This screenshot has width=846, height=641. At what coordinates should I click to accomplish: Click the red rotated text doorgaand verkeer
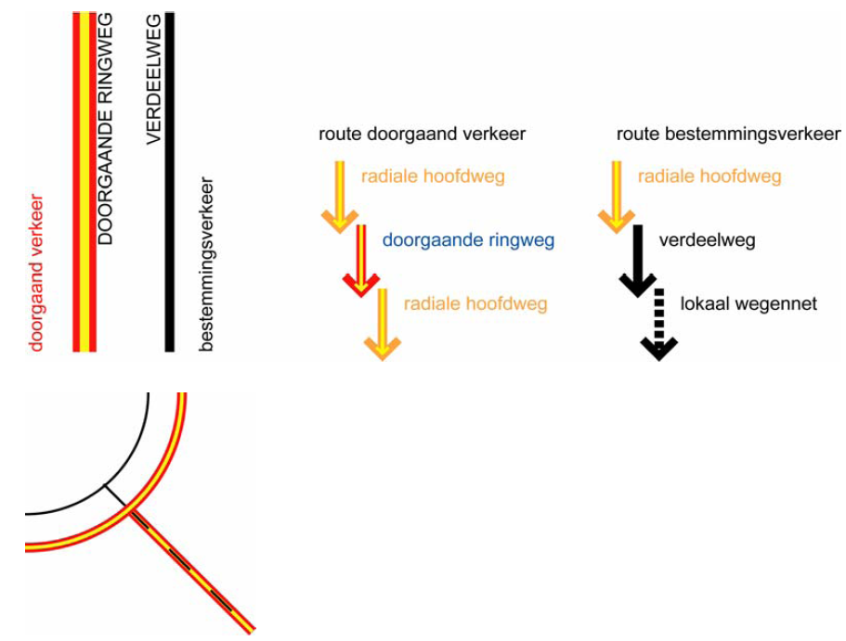pos(36,272)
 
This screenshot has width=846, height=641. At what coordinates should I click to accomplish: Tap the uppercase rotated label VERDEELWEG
pos(155,78)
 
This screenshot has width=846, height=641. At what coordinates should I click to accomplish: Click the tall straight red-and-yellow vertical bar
pos(85,186)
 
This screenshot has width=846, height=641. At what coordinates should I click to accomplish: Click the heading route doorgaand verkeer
pos(422,135)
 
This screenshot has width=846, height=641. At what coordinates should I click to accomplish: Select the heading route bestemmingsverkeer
pos(728,135)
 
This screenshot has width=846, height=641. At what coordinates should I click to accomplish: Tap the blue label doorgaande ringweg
pos(468,241)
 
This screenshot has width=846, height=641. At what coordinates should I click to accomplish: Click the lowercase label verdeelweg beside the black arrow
pos(707,241)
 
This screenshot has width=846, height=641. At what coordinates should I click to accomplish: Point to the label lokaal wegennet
pos(748,303)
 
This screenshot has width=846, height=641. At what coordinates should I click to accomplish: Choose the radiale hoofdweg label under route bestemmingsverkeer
pos(709,176)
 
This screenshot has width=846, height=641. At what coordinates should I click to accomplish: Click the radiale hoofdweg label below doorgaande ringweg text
pos(475,303)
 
